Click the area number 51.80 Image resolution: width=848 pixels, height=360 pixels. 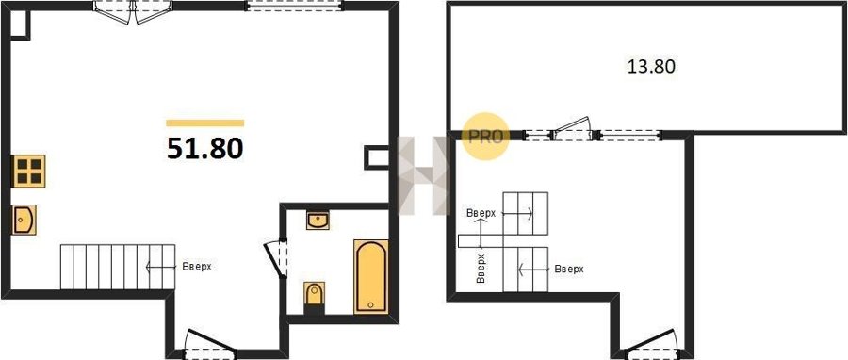point(205,149)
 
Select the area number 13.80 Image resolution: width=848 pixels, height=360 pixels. point(651,67)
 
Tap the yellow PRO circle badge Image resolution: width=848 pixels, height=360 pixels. point(485,137)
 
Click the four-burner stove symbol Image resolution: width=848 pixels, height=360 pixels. point(28,171)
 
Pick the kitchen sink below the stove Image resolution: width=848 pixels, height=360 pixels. point(24,220)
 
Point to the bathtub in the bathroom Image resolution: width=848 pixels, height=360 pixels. point(371,276)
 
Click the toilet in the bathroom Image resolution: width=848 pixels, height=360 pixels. point(314,295)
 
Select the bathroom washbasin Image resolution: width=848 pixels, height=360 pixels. point(318,221)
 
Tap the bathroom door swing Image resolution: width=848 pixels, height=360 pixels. point(277,258)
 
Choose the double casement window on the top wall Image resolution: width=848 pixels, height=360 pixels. point(133,12)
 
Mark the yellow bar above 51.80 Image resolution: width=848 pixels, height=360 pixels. point(205,123)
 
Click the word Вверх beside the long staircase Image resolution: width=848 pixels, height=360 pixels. point(196,267)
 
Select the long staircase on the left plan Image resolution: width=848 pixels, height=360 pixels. point(118,267)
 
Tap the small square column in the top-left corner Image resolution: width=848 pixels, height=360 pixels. point(20,25)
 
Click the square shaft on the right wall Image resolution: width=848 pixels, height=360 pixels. point(377,157)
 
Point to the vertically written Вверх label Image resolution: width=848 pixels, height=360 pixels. point(481,269)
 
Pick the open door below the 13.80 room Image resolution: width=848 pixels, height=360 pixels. point(573,128)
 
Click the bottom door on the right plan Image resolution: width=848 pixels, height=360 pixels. point(650,344)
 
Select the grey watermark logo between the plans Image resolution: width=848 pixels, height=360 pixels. point(423,175)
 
